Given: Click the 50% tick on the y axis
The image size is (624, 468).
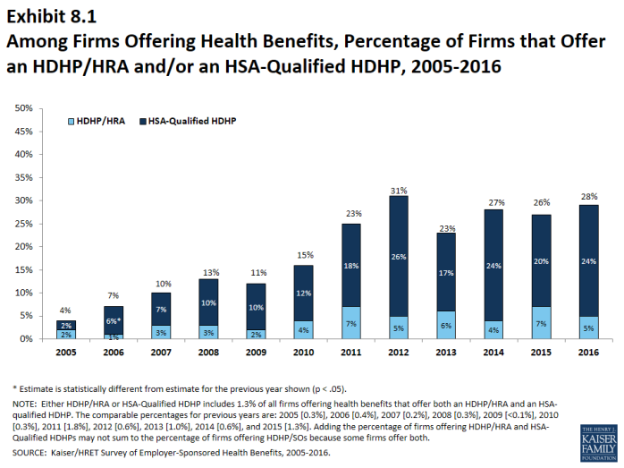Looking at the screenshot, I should pos(24,108).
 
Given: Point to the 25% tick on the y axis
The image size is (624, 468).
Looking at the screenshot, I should pos(24,224).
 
